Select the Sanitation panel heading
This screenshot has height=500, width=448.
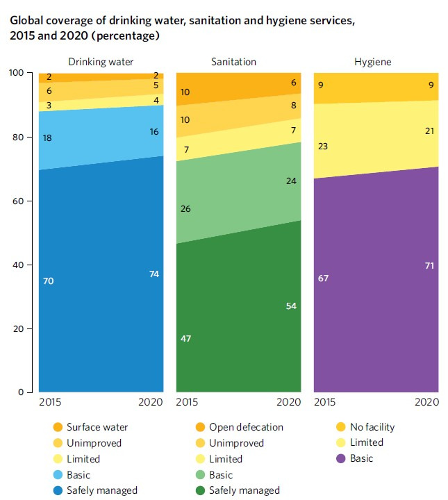tap(233, 62)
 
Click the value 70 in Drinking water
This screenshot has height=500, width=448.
tap(48, 281)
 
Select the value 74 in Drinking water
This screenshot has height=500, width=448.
tap(154, 274)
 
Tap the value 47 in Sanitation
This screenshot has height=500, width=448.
tap(186, 339)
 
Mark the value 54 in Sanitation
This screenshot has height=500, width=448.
tap(292, 306)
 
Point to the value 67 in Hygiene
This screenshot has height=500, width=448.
tap(323, 278)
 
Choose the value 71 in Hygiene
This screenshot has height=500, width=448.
tap(430, 265)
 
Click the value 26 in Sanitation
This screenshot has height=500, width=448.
tap(186, 208)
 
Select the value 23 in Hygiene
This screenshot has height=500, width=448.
tap(323, 147)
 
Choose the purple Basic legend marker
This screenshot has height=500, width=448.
tap(341, 459)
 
